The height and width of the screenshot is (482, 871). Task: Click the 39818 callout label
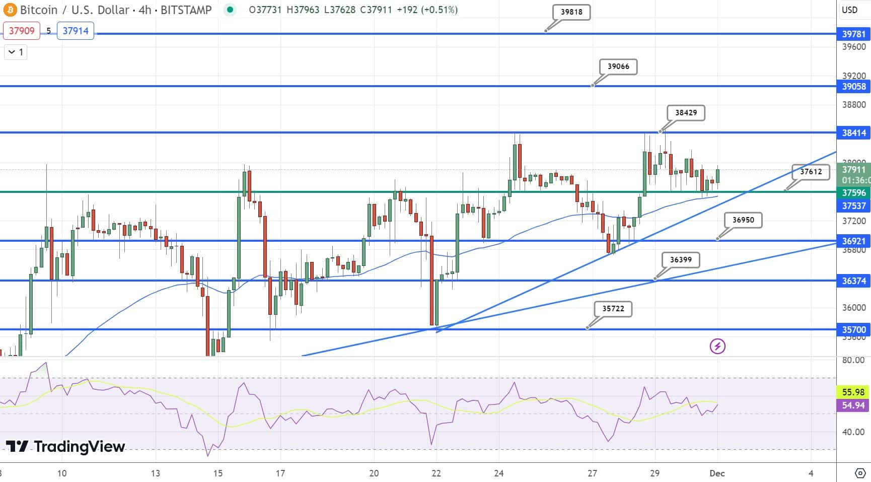click(x=571, y=12)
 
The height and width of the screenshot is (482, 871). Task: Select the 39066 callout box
click(x=618, y=66)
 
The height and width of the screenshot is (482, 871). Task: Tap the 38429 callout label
click(x=686, y=113)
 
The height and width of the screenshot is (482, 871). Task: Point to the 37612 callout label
click(x=811, y=172)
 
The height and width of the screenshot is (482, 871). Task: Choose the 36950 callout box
click(x=743, y=220)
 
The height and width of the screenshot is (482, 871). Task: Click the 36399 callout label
click(x=681, y=260)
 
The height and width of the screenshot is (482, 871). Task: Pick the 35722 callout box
click(x=613, y=309)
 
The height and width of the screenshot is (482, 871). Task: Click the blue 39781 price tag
click(x=854, y=34)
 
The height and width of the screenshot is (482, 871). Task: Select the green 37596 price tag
click(x=854, y=193)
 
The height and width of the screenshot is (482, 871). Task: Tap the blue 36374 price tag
click(x=854, y=281)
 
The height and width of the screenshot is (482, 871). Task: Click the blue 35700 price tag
click(x=854, y=330)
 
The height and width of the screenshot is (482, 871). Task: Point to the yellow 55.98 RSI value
click(x=853, y=392)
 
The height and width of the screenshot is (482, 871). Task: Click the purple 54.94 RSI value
click(x=853, y=405)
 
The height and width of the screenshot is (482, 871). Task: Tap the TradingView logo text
click(x=65, y=446)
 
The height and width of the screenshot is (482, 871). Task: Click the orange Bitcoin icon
click(x=10, y=10)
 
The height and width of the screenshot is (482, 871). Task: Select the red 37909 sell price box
click(x=22, y=31)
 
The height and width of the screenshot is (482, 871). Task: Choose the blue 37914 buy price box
click(x=76, y=31)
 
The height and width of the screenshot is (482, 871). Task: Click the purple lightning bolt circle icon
click(x=717, y=346)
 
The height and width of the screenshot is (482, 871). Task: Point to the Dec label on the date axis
click(x=717, y=473)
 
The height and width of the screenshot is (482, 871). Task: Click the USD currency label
click(x=850, y=10)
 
